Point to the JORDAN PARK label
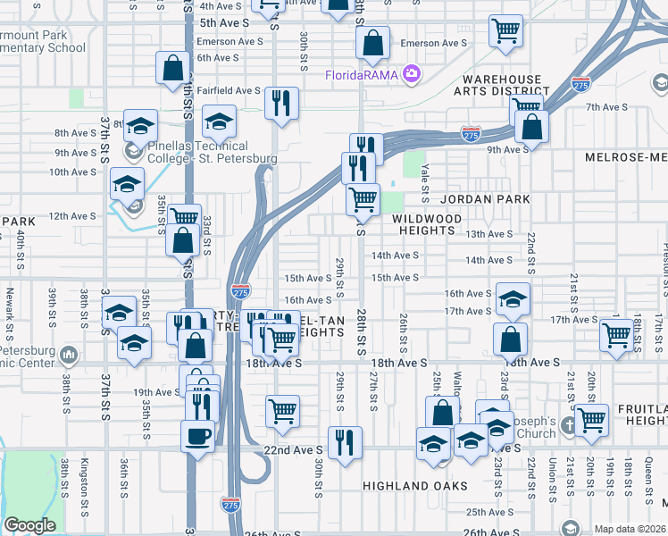[485, 199]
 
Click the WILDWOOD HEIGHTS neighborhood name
[426, 224]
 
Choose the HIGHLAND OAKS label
[414, 486]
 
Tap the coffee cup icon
[197, 437]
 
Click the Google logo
[29, 525]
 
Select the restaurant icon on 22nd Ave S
[344, 441]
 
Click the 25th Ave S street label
[488, 512]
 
